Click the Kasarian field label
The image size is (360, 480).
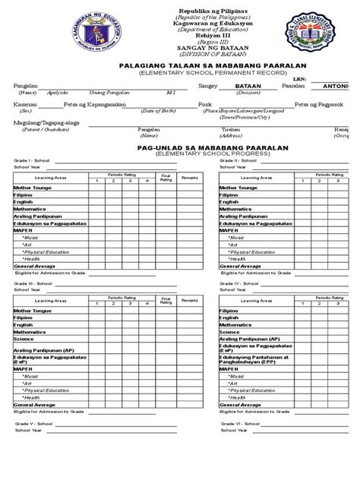25,104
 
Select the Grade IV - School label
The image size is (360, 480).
239,283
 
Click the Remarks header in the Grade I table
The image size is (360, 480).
189,176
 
